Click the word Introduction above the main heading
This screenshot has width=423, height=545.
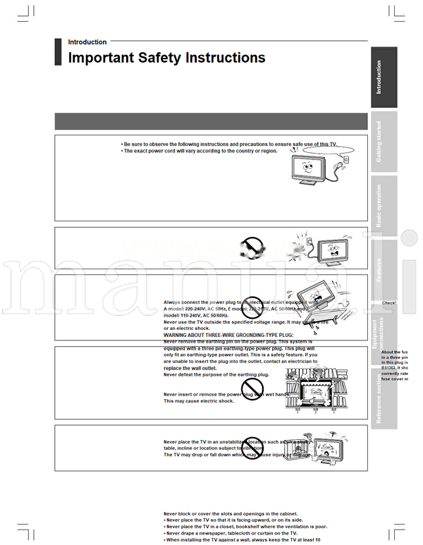point(87,42)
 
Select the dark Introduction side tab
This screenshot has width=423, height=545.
point(383,77)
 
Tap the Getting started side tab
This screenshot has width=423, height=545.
point(383,141)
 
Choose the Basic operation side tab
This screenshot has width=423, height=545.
point(383,205)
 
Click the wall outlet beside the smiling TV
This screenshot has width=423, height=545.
point(345,161)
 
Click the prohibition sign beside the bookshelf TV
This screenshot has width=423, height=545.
point(252,388)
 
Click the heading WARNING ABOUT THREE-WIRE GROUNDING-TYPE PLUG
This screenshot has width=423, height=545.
point(228,335)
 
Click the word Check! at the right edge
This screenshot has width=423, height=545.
point(389,303)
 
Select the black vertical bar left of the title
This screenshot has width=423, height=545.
point(58,51)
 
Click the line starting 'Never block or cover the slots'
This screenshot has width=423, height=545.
point(231,514)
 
